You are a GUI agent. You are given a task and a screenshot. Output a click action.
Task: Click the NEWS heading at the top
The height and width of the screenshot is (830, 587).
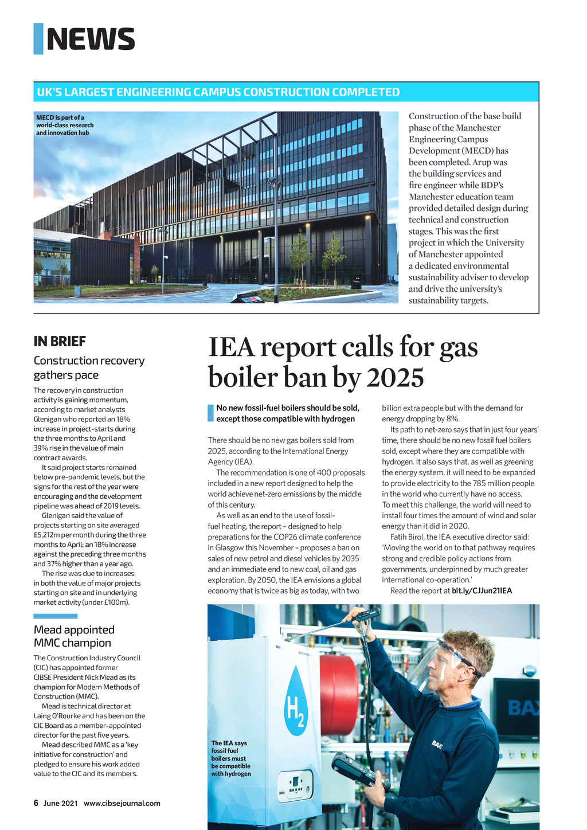(x=91, y=39)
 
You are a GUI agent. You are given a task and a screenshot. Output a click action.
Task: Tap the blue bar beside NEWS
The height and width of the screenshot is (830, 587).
(x=38, y=39)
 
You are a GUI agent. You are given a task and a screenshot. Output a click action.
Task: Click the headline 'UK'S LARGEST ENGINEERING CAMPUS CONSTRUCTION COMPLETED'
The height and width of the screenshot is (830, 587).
(x=218, y=92)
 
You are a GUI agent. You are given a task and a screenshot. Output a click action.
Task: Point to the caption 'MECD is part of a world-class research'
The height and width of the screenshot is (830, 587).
(x=64, y=125)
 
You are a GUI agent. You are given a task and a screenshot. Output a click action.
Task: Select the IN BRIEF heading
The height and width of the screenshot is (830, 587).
(x=60, y=342)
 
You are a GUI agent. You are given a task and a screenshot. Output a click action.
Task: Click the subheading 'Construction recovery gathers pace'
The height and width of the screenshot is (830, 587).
(x=89, y=367)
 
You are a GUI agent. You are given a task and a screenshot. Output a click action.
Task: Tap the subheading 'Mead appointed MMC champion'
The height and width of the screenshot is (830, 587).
(x=74, y=636)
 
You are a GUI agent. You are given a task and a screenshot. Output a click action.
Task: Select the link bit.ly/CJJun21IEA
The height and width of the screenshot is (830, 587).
(x=482, y=590)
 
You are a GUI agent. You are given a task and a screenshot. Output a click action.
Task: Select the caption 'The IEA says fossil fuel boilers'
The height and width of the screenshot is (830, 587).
(x=230, y=758)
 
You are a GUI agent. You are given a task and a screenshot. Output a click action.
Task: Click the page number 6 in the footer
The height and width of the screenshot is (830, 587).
(x=36, y=803)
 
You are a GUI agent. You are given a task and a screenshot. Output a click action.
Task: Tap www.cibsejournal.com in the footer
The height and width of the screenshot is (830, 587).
(x=122, y=803)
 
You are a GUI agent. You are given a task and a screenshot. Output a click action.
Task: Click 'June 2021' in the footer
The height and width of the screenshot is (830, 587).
(x=60, y=803)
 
